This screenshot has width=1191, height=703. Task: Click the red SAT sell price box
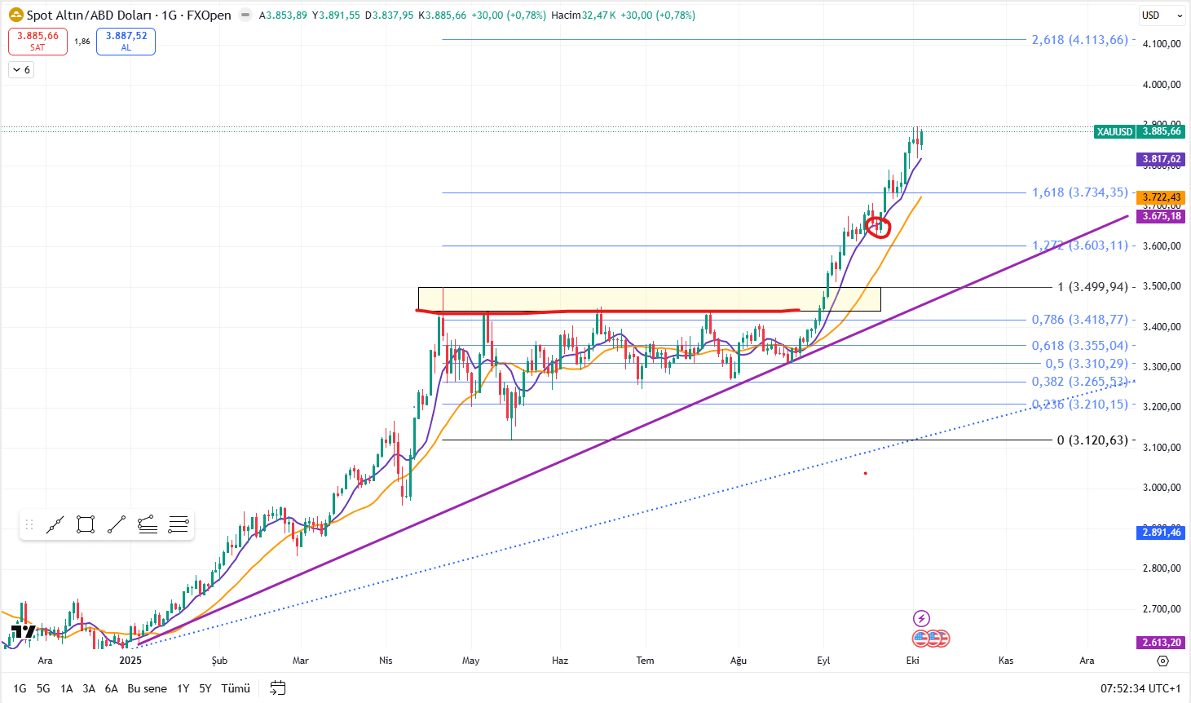(x=37, y=41)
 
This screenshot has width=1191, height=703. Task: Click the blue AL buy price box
(x=126, y=41)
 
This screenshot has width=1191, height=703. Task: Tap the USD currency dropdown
(x=1162, y=15)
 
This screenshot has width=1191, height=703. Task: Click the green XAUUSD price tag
(x=1114, y=132)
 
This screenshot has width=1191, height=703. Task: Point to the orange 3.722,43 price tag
(x=1161, y=197)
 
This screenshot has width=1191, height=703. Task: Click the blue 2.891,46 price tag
(x=1161, y=533)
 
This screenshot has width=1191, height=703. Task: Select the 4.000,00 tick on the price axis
(x=1162, y=85)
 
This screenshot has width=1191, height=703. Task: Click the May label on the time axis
(x=470, y=661)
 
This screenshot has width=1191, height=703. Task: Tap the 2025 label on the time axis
(x=130, y=661)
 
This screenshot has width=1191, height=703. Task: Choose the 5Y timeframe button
(x=205, y=688)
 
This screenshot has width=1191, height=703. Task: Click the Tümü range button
(x=236, y=688)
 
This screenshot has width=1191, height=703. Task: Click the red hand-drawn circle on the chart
(x=877, y=226)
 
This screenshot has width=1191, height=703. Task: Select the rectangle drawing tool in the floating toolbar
(x=86, y=524)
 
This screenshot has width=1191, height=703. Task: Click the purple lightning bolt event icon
(x=921, y=618)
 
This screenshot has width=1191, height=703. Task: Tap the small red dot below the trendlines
(x=865, y=473)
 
